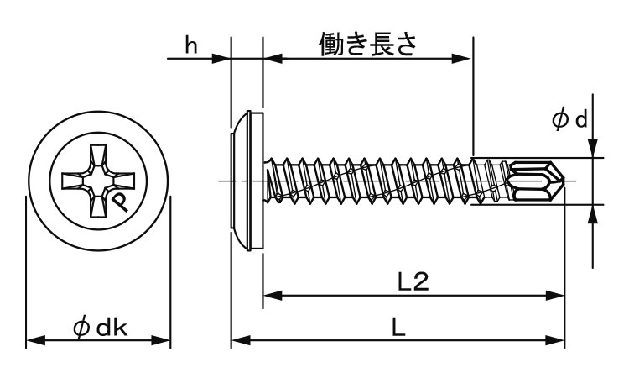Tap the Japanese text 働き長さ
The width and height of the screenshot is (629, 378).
pyautogui.click(x=368, y=44)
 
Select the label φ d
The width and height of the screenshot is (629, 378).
pyautogui.click(x=569, y=119)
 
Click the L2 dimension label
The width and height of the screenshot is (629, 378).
pyautogui.click(x=413, y=281)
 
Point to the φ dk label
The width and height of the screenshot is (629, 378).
pyautogui.click(x=101, y=328)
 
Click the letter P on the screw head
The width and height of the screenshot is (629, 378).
pyautogui.click(x=120, y=202)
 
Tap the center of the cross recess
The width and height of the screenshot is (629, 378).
pyautogui.click(x=98, y=181)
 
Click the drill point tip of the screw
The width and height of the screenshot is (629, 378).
pyautogui.click(x=564, y=181)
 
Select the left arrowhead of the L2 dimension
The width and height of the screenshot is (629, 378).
pyautogui.click(x=273, y=296)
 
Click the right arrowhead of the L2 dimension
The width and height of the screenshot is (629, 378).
pyautogui.click(x=555, y=296)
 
